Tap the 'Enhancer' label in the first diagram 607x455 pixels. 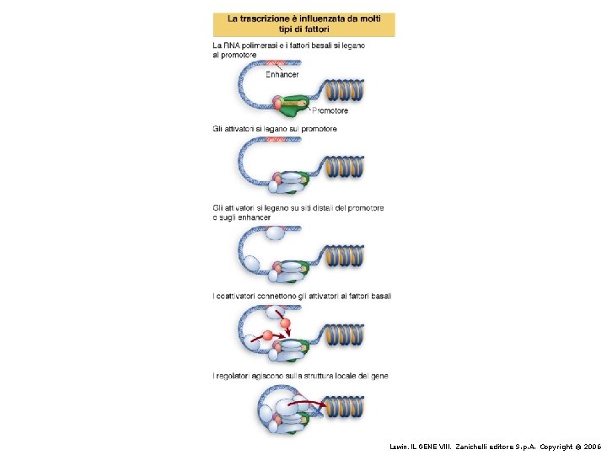point(282,74)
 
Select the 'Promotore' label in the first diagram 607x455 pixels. point(330,110)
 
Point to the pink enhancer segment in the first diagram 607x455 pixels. point(276,63)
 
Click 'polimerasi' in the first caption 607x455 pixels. point(261,45)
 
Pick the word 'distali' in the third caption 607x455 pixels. point(326,207)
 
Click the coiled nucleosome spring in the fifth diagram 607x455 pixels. point(346,409)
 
